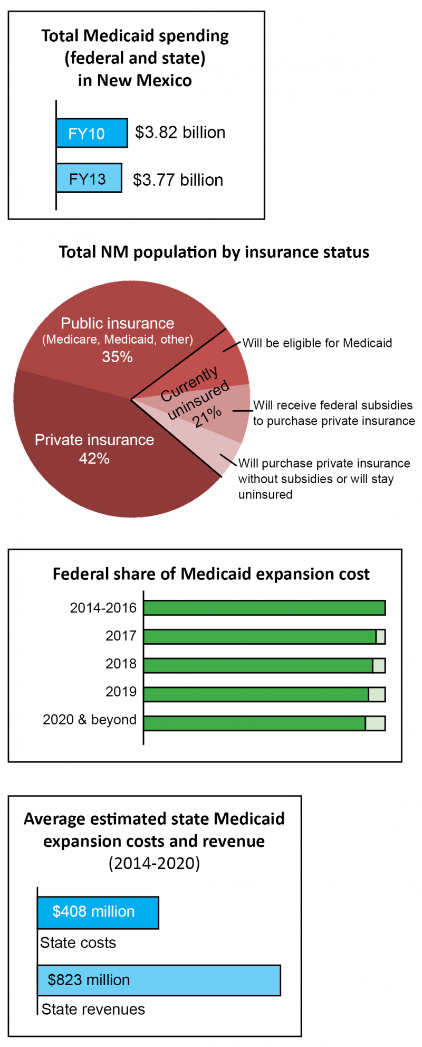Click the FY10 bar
91,133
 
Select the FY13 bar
89,178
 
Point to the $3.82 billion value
180,133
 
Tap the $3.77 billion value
178,180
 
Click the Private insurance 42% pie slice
95,465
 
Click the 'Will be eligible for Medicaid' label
317,343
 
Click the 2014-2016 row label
103,608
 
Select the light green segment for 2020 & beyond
375,723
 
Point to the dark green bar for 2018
258,665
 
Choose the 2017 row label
121,636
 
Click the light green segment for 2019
377,694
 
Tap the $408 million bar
98,912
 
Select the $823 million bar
159,980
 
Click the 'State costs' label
78,942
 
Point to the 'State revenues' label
93,1009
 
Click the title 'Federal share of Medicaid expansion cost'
211,574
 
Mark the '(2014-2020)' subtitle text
154,863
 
